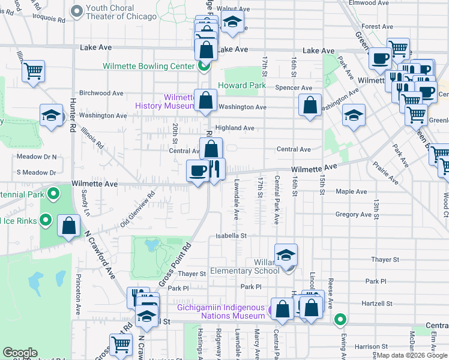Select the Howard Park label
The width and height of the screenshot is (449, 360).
[x=241, y=86]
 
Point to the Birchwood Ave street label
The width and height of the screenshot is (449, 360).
[x=101, y=93]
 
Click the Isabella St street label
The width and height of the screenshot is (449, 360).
[x=232, y=236]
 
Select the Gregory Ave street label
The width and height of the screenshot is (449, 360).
[x=354, y=214]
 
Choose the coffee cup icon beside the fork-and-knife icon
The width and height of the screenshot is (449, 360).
[x=197, y=171]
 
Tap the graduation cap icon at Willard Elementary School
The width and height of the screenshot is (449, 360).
[x=286, y=256]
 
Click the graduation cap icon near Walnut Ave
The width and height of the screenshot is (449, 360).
[x=232, y=24]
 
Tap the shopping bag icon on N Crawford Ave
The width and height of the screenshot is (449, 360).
[x=69, y=226]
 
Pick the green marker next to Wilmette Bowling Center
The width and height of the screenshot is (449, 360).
[x=204, y=66]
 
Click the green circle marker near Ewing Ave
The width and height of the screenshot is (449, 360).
[x=340, y=319]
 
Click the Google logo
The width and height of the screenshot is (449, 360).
[x=20, y=353]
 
